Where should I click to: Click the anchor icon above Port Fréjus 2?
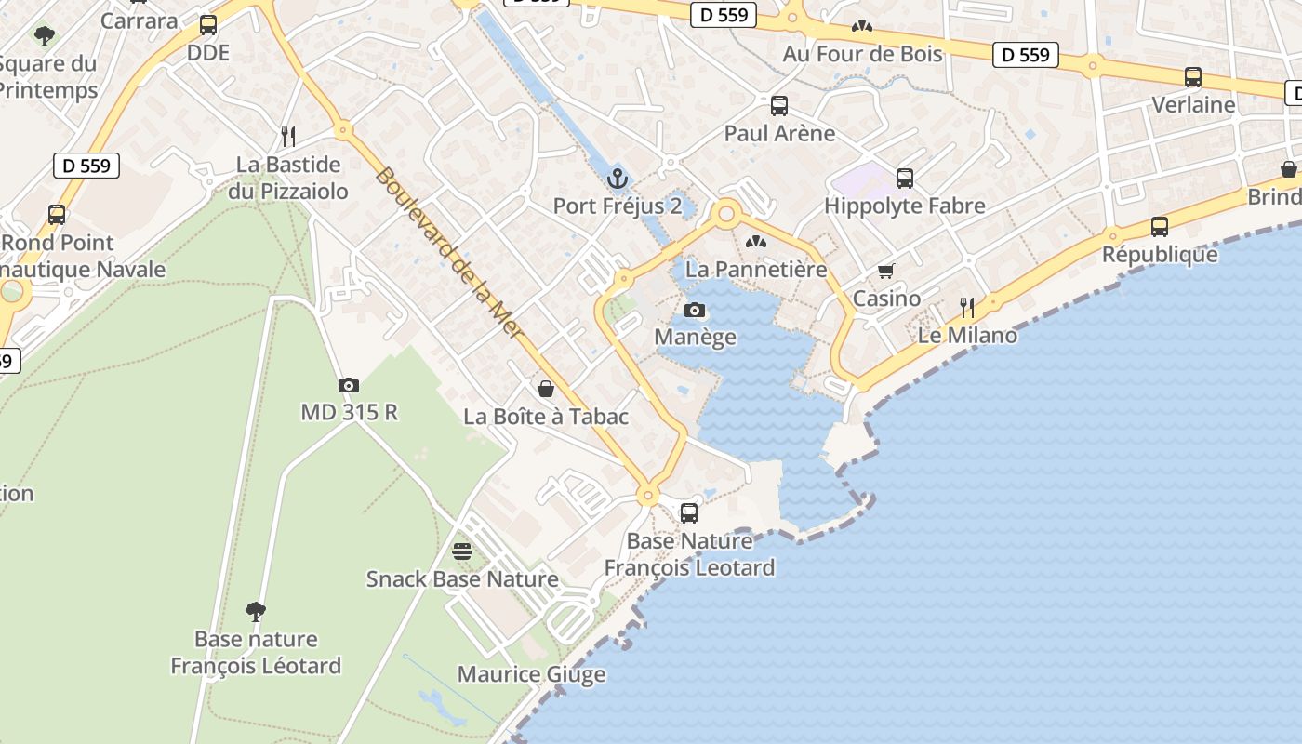pos(617,178)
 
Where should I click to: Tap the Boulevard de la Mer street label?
pos(451,253)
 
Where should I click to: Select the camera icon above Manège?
pos(695,310)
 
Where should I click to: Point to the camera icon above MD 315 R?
pos(349,385)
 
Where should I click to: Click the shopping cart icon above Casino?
pos(886,271)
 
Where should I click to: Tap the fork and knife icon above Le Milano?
pos(967,308)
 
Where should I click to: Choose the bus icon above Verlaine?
pos(1193,77)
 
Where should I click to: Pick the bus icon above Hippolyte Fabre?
pos(905,179)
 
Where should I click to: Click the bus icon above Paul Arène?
pos(779,106)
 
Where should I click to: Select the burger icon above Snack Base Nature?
pos(462,551)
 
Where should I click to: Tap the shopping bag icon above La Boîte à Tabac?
pos(546,389)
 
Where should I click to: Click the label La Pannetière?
pos(756,270)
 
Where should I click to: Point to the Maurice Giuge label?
pos(531,674)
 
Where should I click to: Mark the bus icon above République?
pos(1160,226)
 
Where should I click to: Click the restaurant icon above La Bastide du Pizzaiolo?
pos(288,137)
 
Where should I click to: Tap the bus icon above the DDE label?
pos(208,25)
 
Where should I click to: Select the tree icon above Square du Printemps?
pos(44,36)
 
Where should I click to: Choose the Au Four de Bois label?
pos(862,54)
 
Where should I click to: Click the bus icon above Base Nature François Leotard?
pos(689,512)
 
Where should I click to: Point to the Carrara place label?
pos(139,20)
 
